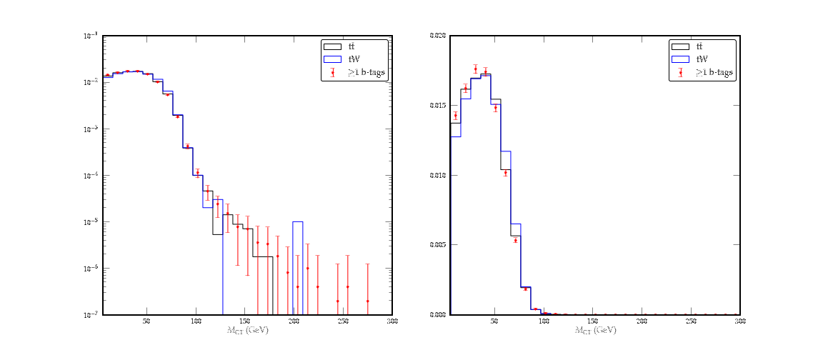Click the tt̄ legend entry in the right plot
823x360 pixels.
coord(699,46)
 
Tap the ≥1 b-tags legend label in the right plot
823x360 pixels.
coord(714,72)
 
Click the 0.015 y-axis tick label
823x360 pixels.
coord(438,105)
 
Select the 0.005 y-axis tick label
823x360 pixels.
coord(438,245)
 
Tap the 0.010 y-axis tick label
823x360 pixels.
coord(438,175)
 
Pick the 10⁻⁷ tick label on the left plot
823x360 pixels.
coord(92,315)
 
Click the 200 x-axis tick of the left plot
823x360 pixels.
coord(294,322)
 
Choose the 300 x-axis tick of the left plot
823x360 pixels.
coord(391,322)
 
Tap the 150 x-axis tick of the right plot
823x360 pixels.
coord(592,322)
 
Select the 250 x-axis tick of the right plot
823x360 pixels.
coord(691,322)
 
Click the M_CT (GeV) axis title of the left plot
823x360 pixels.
coord(247,331)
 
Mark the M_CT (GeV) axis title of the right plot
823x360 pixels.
coord(595,331)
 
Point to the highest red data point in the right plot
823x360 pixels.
coord(476,69)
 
